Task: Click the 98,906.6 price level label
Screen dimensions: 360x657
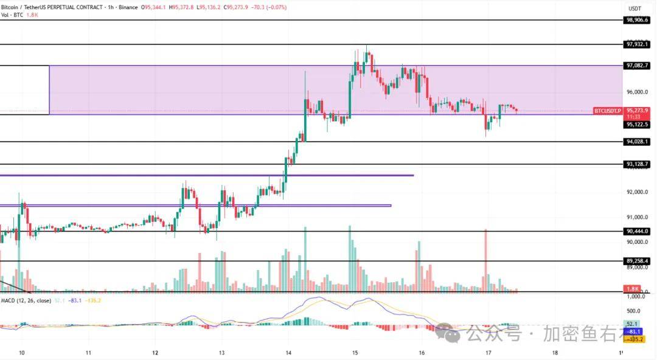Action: coord(637,20)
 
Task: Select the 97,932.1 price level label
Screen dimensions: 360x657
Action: coord(637,44)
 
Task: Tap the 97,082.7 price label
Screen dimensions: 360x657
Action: coord(637,65)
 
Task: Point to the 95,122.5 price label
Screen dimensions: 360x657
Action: coord(637,124)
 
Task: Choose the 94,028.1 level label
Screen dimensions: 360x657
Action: coord(637,142)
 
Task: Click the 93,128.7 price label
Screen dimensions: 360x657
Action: coord(637,164)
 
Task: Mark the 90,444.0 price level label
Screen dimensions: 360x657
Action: coord(637,231)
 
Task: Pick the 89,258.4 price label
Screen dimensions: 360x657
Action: coord(637,261)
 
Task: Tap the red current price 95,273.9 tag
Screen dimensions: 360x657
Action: coord(637,110)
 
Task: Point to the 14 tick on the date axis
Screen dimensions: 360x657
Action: coord(288,352)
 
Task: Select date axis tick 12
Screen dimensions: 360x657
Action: coord(155,352)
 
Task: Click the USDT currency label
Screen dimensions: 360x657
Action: coord(635,9)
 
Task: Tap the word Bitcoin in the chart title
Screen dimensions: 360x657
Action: coord(11,7)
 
